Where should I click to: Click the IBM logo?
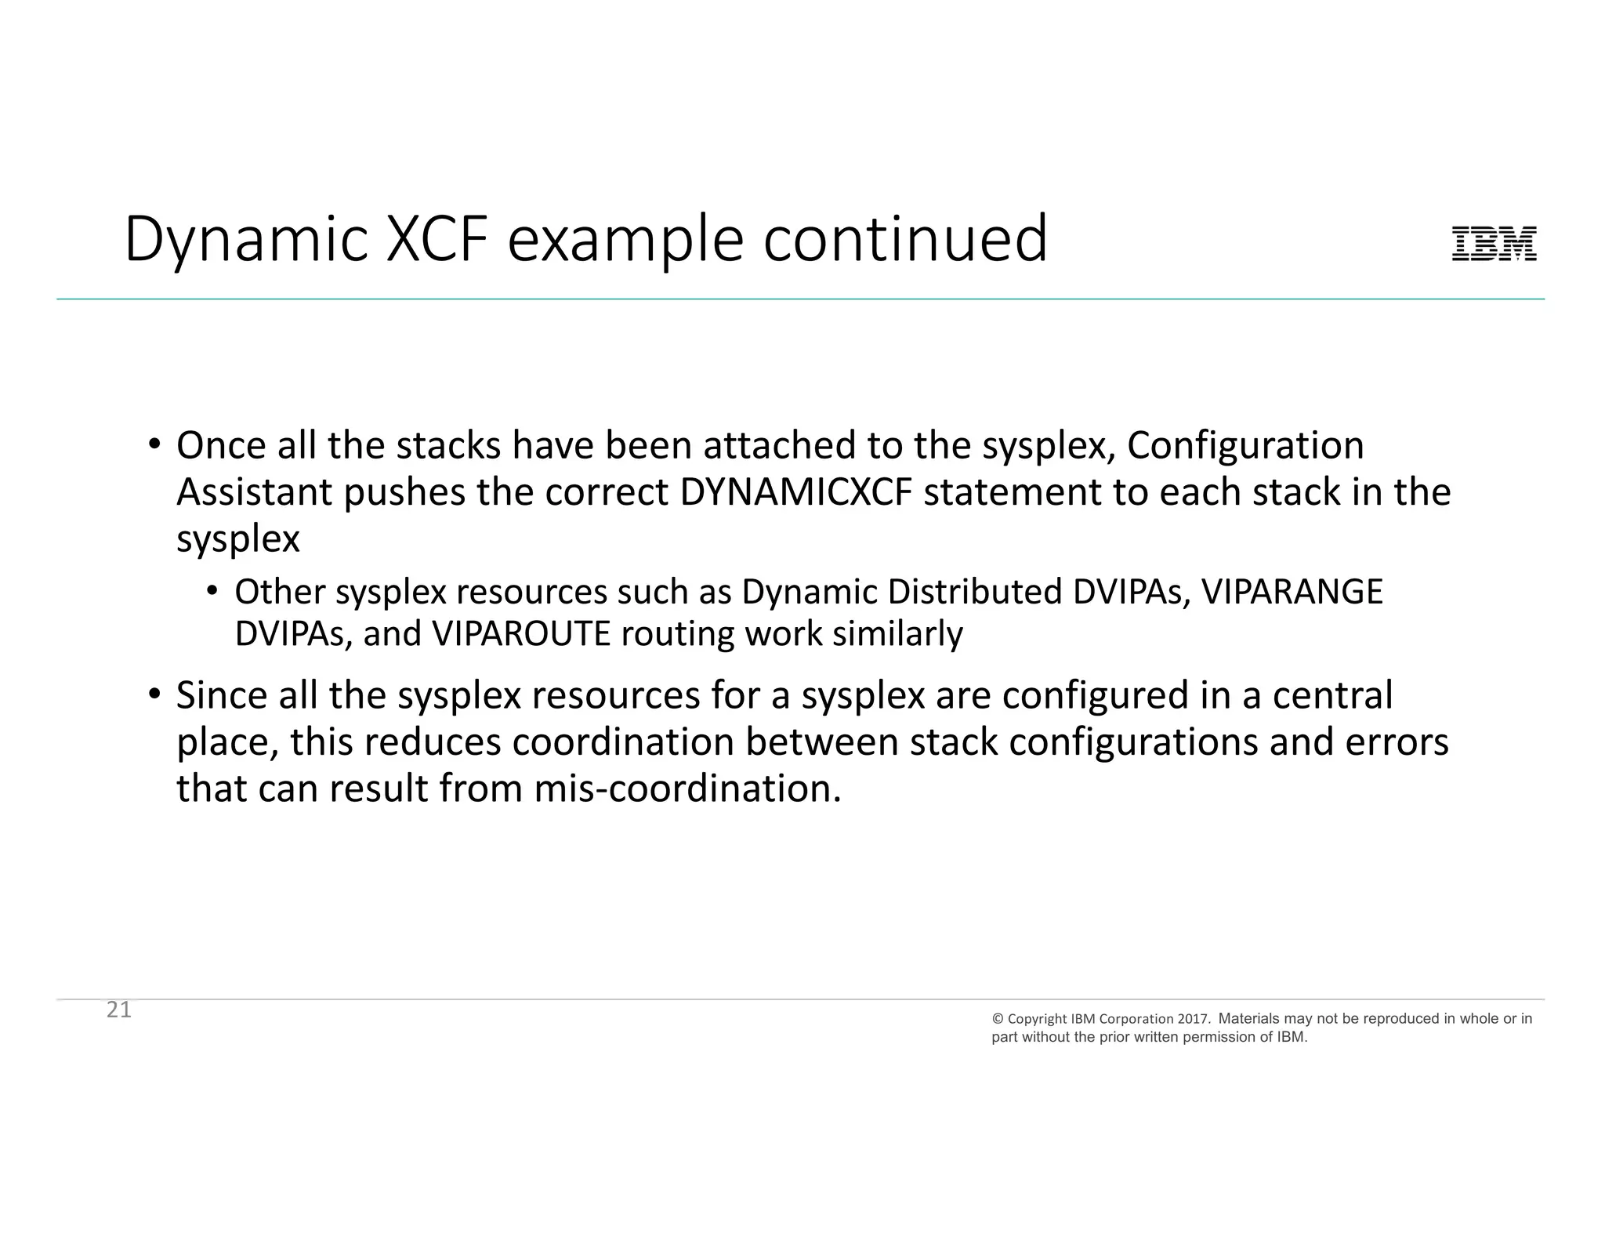pos(1494,244)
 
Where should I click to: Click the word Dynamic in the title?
pos(245,240)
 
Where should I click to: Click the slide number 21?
pos(119,1010)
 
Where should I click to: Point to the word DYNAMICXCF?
pos(796,492)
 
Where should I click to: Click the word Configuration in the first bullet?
pos(1245,445)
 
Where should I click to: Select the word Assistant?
pos(254,492)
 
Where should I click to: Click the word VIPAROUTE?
pos(520,633)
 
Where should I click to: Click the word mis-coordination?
pos(687,788)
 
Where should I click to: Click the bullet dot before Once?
pos(154,444)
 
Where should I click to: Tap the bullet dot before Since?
pos(154,694)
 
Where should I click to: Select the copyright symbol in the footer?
pos(998,1019)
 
